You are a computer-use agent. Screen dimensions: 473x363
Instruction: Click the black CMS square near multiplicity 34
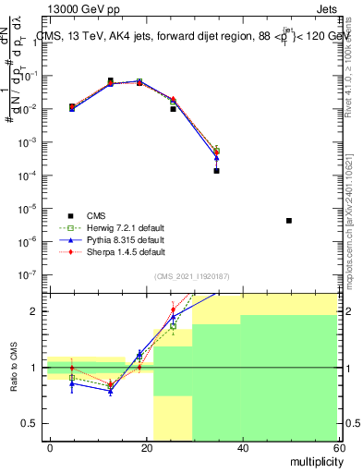(216, 171)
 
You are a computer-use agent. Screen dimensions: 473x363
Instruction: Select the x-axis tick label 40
(242, 447)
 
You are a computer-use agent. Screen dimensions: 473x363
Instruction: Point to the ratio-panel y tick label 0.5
(30, 423)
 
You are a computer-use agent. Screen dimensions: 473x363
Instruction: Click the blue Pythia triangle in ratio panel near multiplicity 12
(110, 392)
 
